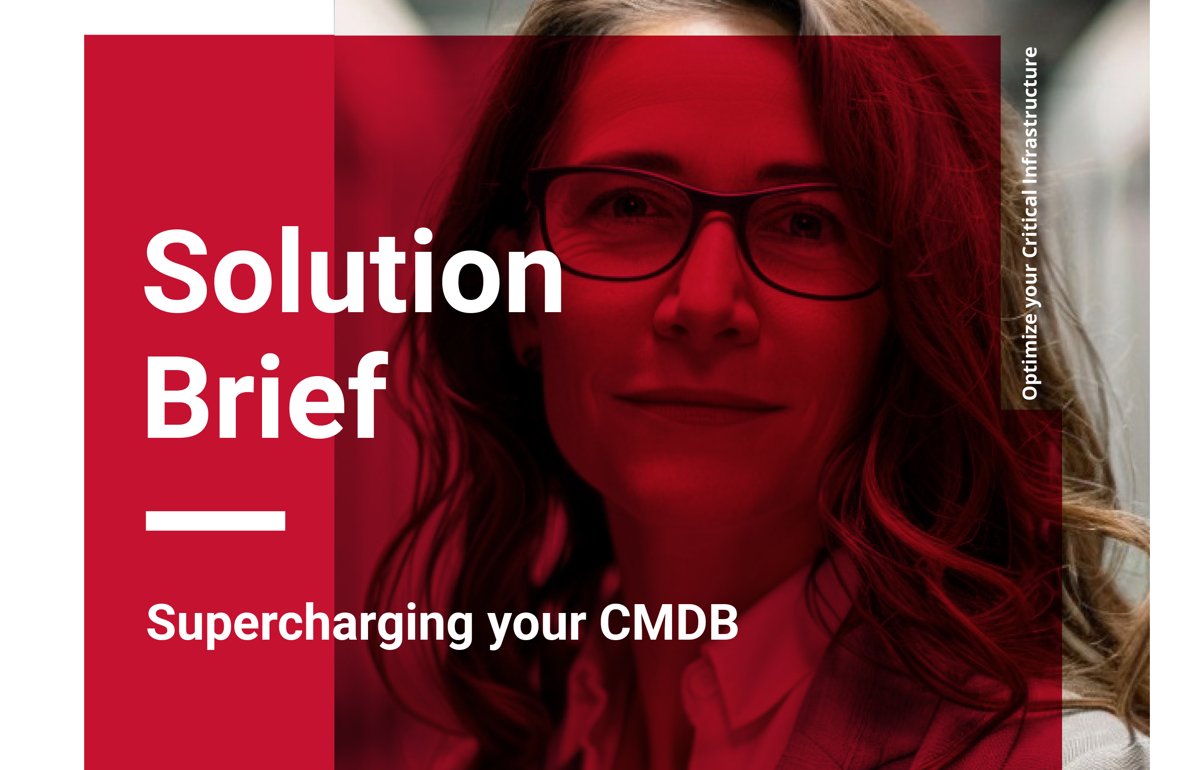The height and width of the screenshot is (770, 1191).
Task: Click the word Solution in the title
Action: click(354, 271)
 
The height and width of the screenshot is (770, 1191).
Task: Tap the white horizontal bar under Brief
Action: click(215, 520)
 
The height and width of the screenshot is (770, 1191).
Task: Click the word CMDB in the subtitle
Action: click(669, 622)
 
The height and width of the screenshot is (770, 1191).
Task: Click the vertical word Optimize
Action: click(1029, 356)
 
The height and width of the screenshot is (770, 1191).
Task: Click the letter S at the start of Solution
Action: click(176, 271)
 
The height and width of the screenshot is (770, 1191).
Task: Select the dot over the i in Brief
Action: click(270, 362)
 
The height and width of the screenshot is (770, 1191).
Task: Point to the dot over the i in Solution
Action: click(423, 236)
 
